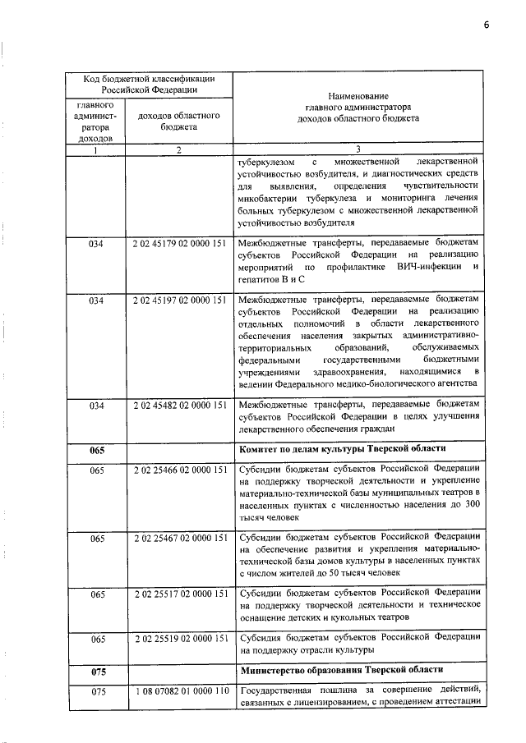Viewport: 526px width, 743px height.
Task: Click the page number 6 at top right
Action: click(x=486, y=24)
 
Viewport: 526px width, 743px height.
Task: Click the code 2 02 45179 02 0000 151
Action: click(x=178, y=243)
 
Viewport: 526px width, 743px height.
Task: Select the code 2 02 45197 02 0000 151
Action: click(x=178, y=300)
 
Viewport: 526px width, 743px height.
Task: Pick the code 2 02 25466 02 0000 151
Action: click(x=178, y=469)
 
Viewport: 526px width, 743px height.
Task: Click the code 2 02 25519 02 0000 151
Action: click(x=178, y=638)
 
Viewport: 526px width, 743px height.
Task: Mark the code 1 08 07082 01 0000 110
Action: click(x=178, y=693)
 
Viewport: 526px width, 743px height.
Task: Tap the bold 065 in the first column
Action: click(x=97, y=450)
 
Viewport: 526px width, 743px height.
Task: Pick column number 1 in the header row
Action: click(x=96, y=149)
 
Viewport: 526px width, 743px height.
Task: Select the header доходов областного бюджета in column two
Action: click(x=178, y=122)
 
